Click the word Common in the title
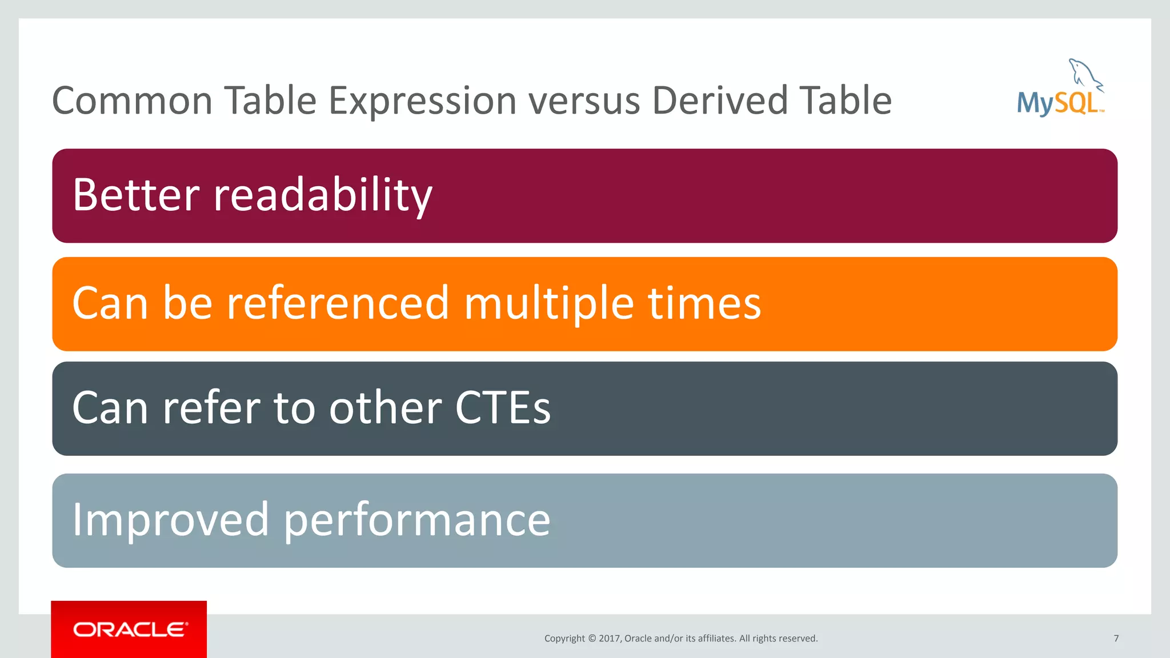(x=132, y=101)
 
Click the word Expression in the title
(x=422, y=101)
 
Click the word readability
(x=323, y=195)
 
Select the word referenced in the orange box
(x=338, y=303)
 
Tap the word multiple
(x=548, y=303)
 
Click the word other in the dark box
(x=385, y=408)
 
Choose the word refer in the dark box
(x=212, y=408)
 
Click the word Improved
(x=170, y=520)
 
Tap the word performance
(x=417, y=520)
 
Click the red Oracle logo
(x=129, y=629)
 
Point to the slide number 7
(x=1116, y=639)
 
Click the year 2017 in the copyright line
(x=609, y=639)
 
